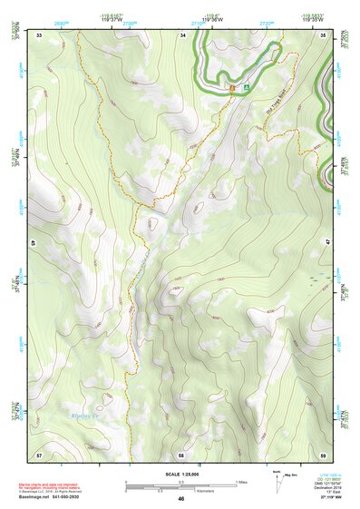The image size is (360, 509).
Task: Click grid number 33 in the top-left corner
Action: (x=40, y=34)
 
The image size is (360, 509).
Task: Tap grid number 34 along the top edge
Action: (x=182, y=34)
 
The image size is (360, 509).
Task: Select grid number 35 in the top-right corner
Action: (x=323, y=34)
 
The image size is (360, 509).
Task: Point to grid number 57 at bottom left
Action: (x=39, y=453)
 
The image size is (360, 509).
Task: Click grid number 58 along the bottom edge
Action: (x=181, y=453)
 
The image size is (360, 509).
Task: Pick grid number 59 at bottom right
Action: (x=323, y=453)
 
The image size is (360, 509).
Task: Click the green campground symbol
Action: (x=243, y=88)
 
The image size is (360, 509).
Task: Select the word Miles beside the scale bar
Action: (x=241, y=482)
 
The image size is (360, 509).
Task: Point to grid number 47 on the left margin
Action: (x=34, y=243)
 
